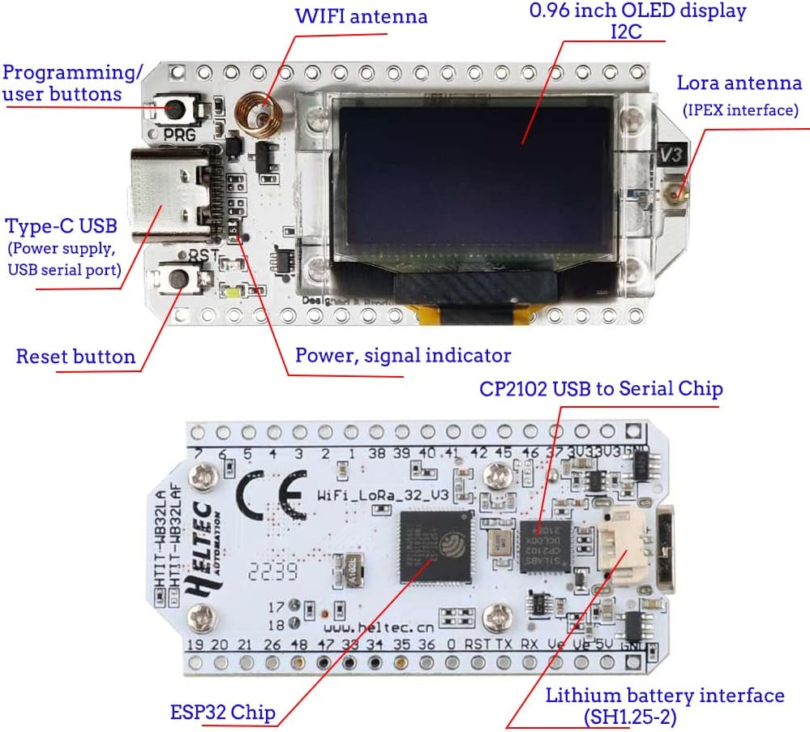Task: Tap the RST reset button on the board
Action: point(177,278)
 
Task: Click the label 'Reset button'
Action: point(75,356)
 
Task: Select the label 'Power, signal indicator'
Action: point(402,355)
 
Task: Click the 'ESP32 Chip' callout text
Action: point(223,712)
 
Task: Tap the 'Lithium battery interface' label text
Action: point(664,696)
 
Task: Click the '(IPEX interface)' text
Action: point(739,110)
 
